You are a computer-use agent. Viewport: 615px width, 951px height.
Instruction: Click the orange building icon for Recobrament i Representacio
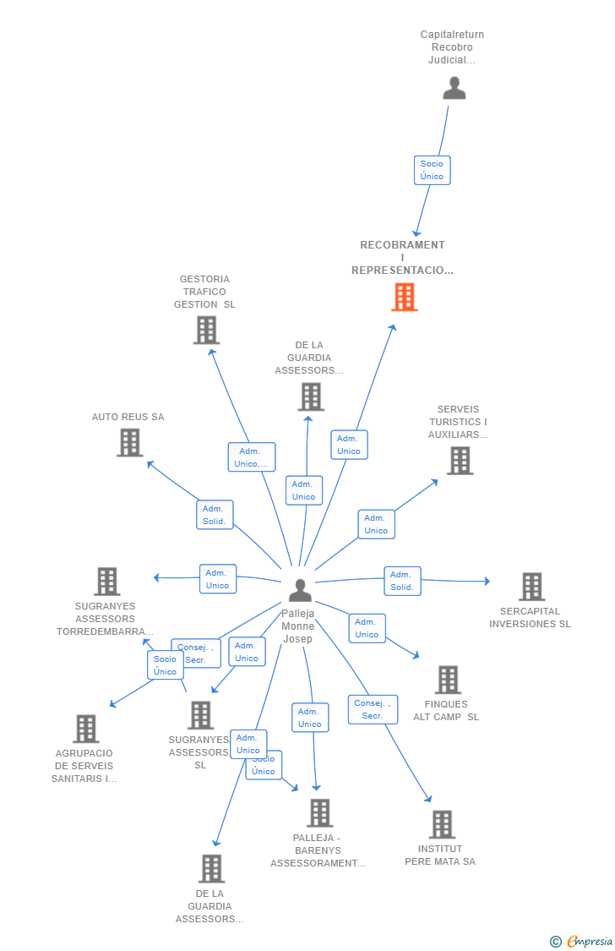click(404, 298)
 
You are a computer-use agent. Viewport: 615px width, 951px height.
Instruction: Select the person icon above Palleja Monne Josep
click(300, 590)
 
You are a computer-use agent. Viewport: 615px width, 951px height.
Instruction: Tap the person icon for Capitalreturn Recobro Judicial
click(454, 89)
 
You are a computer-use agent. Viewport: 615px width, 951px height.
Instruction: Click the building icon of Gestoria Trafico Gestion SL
click(206, 330)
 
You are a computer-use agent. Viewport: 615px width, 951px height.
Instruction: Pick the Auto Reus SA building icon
click(129, 442)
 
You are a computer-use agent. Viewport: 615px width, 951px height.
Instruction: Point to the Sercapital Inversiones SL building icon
click(531, 586)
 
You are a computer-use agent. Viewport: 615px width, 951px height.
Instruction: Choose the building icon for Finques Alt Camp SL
click(447, 679)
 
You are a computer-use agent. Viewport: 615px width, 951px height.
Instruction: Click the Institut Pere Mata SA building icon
click(441, 824)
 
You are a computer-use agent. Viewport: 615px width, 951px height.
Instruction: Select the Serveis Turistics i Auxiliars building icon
click(460, 461)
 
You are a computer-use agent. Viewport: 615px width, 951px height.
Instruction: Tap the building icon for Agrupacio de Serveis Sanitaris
click(85, 728)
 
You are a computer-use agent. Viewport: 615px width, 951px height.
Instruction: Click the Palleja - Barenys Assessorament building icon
click(319, 812)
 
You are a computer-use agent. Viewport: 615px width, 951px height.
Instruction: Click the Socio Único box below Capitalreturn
click(432, 170)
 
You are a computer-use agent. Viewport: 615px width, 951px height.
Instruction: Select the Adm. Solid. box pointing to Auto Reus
click(215, 515)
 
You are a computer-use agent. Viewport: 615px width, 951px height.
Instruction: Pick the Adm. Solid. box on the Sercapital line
click(402, 581)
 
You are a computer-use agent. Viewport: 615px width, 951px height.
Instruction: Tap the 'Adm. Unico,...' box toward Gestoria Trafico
click(251, 457)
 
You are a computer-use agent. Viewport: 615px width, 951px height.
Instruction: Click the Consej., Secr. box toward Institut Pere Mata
click(373, 709)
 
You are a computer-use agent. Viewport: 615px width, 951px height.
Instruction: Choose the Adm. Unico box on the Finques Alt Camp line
click(367, 628)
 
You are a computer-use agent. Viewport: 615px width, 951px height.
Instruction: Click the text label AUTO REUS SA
click(128, 417)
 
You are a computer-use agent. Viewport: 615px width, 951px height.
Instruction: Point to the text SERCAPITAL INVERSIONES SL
click(530, 618)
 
